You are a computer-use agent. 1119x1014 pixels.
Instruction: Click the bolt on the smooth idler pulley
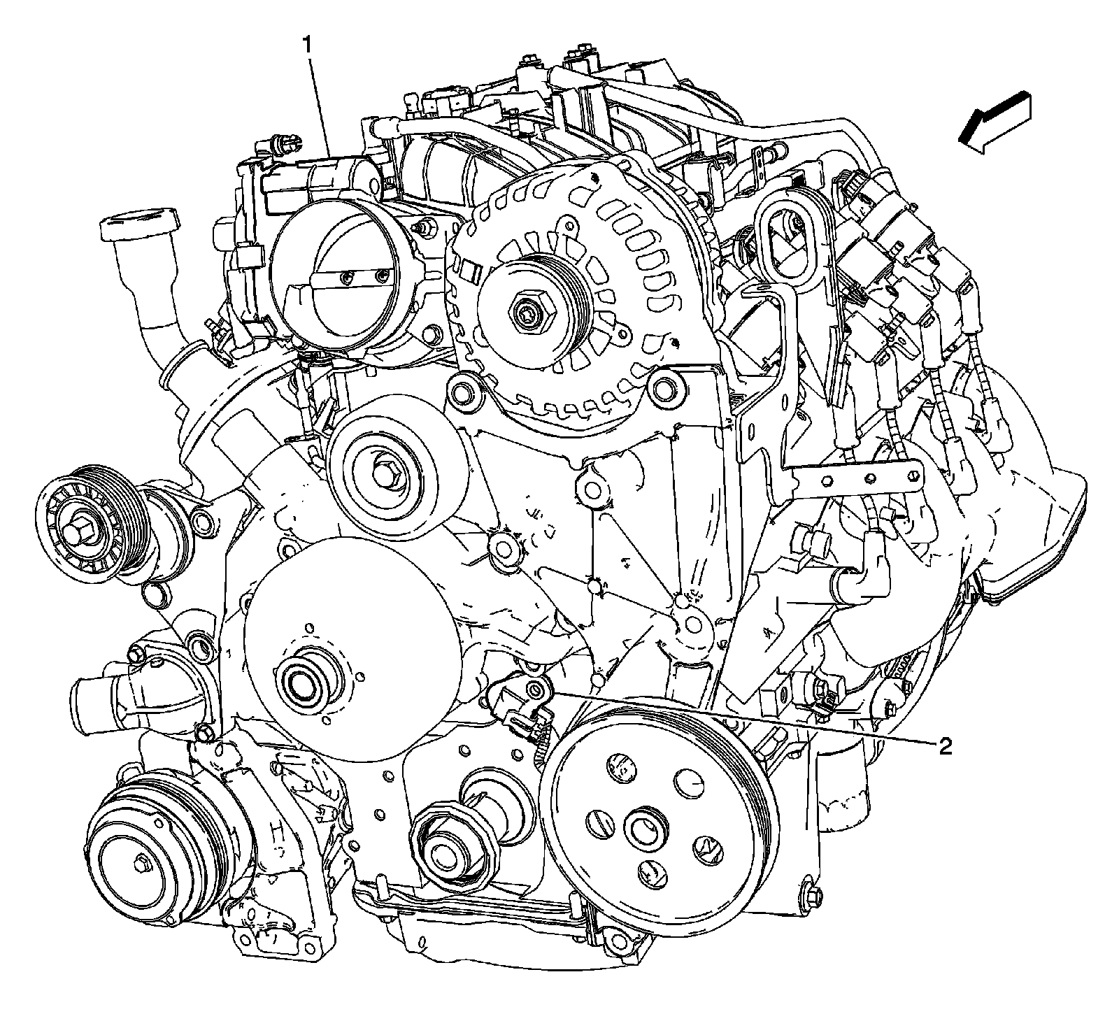(386, 473)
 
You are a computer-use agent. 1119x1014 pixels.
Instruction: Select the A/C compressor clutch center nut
(140, 864)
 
